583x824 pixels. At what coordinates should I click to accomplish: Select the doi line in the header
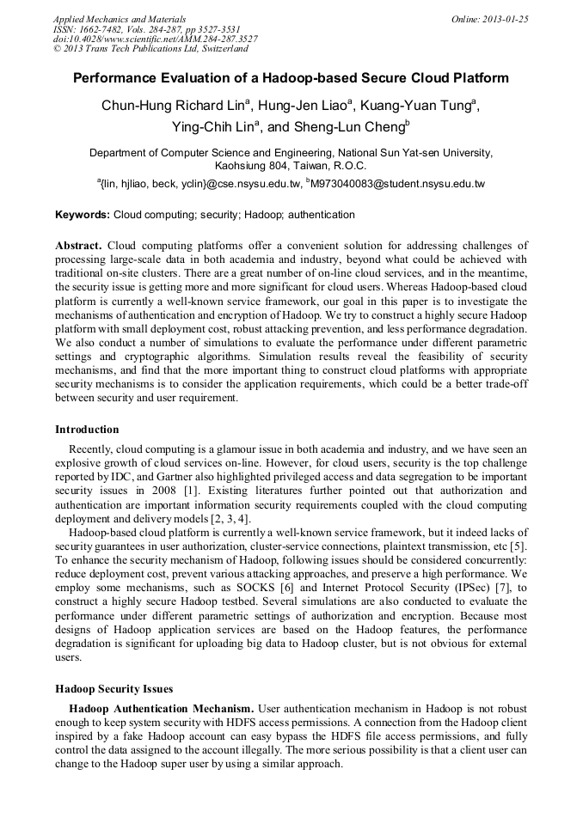[155, 39]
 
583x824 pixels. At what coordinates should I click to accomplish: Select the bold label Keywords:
[83, 215]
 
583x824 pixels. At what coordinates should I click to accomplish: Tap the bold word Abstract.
[78, 245]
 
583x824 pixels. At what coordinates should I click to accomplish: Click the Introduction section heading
[87, 430]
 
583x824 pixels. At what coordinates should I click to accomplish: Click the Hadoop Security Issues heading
[114, 689]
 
